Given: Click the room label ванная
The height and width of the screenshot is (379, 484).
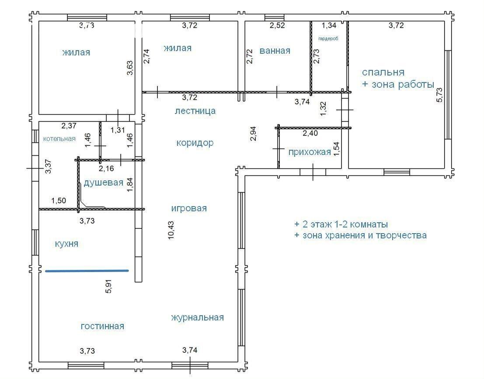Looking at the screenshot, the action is (x=275, y=51).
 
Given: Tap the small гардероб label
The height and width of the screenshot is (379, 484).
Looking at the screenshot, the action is (x=328, y=39).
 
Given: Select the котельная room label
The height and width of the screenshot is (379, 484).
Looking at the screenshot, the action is (x=59, y=139).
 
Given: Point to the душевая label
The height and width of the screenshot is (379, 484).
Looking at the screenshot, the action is (x=104, y=183).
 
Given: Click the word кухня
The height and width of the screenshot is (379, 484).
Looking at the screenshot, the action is (x=66, y=244).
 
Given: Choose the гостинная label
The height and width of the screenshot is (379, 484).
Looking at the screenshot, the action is (x=102, y=326).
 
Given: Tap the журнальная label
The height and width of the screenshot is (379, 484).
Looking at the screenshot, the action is (x=197, y=317).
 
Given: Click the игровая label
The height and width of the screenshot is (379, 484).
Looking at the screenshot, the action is (x=189, y=208).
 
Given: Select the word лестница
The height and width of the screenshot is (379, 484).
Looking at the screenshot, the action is (x=195, y=111).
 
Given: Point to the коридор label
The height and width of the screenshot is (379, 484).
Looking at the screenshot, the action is (x=195, y=143).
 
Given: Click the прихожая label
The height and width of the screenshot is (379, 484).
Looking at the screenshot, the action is (x=310, y=152).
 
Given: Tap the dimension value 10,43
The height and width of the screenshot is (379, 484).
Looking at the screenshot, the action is (x=172, y=230).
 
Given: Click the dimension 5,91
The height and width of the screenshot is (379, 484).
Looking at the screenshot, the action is (x=109, y=286).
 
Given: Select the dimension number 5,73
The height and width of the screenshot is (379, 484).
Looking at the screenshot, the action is (x=439, y=95).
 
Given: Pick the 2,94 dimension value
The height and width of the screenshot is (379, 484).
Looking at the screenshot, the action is (x=254, y=134).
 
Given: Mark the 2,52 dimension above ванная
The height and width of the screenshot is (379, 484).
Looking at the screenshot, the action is (x=277, y=25).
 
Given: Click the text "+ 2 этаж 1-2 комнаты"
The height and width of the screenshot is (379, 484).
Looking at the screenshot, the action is (x=341, y=224).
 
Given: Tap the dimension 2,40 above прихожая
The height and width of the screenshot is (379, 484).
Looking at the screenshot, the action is (x=310, y=134).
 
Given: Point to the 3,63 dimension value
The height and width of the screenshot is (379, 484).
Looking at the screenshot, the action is (x=130, y=68).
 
